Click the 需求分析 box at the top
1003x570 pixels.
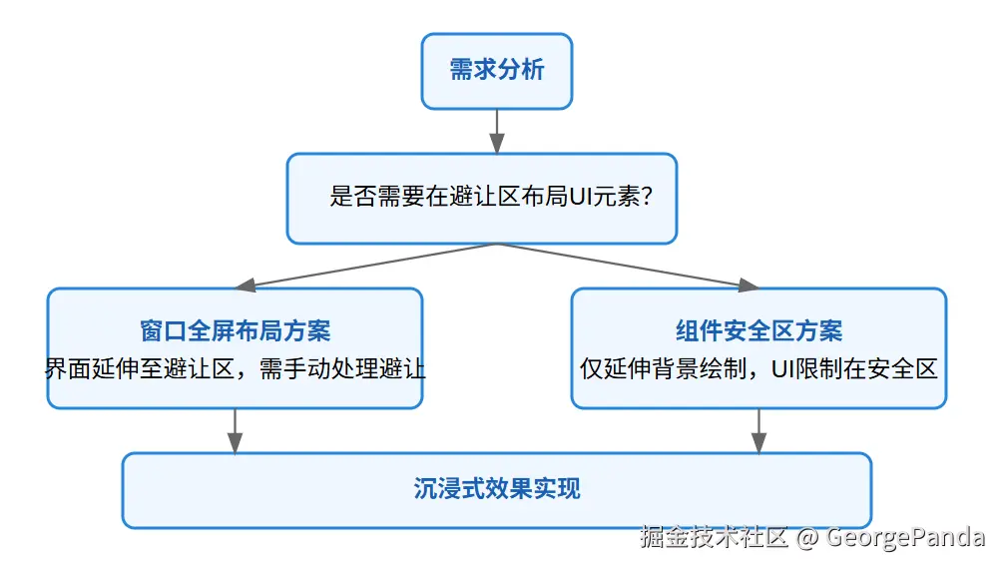(496, 71)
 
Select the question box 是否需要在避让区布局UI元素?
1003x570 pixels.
(481, 198)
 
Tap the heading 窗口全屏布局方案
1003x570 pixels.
(235, 330)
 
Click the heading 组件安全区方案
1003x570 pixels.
(758, 330)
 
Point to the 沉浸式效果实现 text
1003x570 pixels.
(496, 489)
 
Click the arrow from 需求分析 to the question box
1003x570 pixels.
(496, 131)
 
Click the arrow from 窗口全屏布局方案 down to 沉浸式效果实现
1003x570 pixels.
(235, 431)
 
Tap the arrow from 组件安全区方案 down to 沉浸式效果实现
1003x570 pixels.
(758, 431)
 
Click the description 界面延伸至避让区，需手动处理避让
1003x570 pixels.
(235, 368)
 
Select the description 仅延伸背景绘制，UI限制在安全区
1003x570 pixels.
(758, 368)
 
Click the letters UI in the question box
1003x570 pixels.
(582, 198)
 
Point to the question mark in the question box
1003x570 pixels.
(646, 198)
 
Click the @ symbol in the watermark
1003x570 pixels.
(808, 538)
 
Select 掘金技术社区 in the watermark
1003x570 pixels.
(715, 538)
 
